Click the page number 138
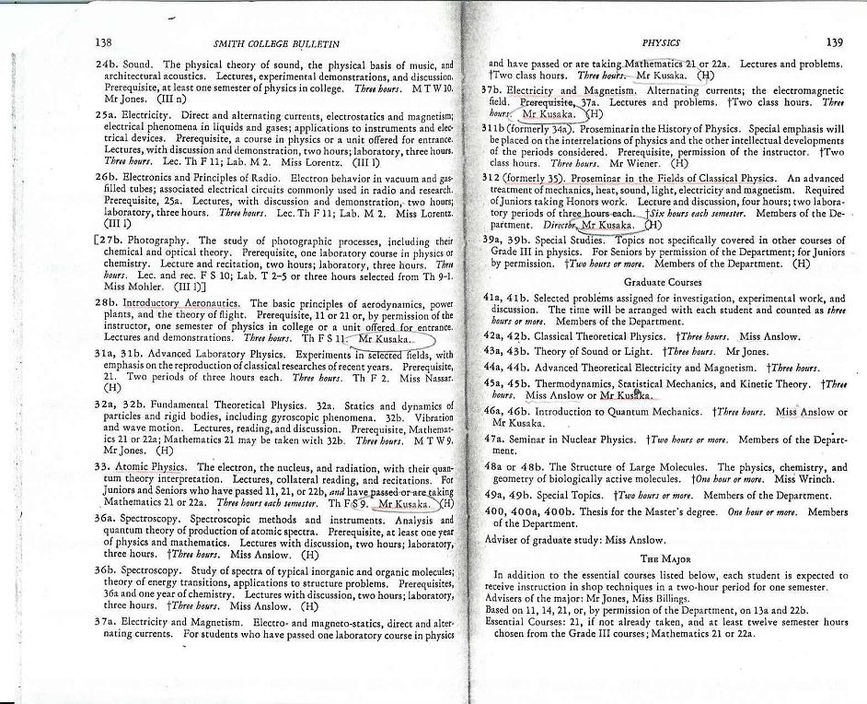click(x=103, y=43)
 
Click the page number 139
click(x=834, y=42)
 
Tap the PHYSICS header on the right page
click(x=662, y=42)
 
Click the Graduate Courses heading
click(x=662, y=282)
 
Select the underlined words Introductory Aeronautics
click(x=182, y=303)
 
